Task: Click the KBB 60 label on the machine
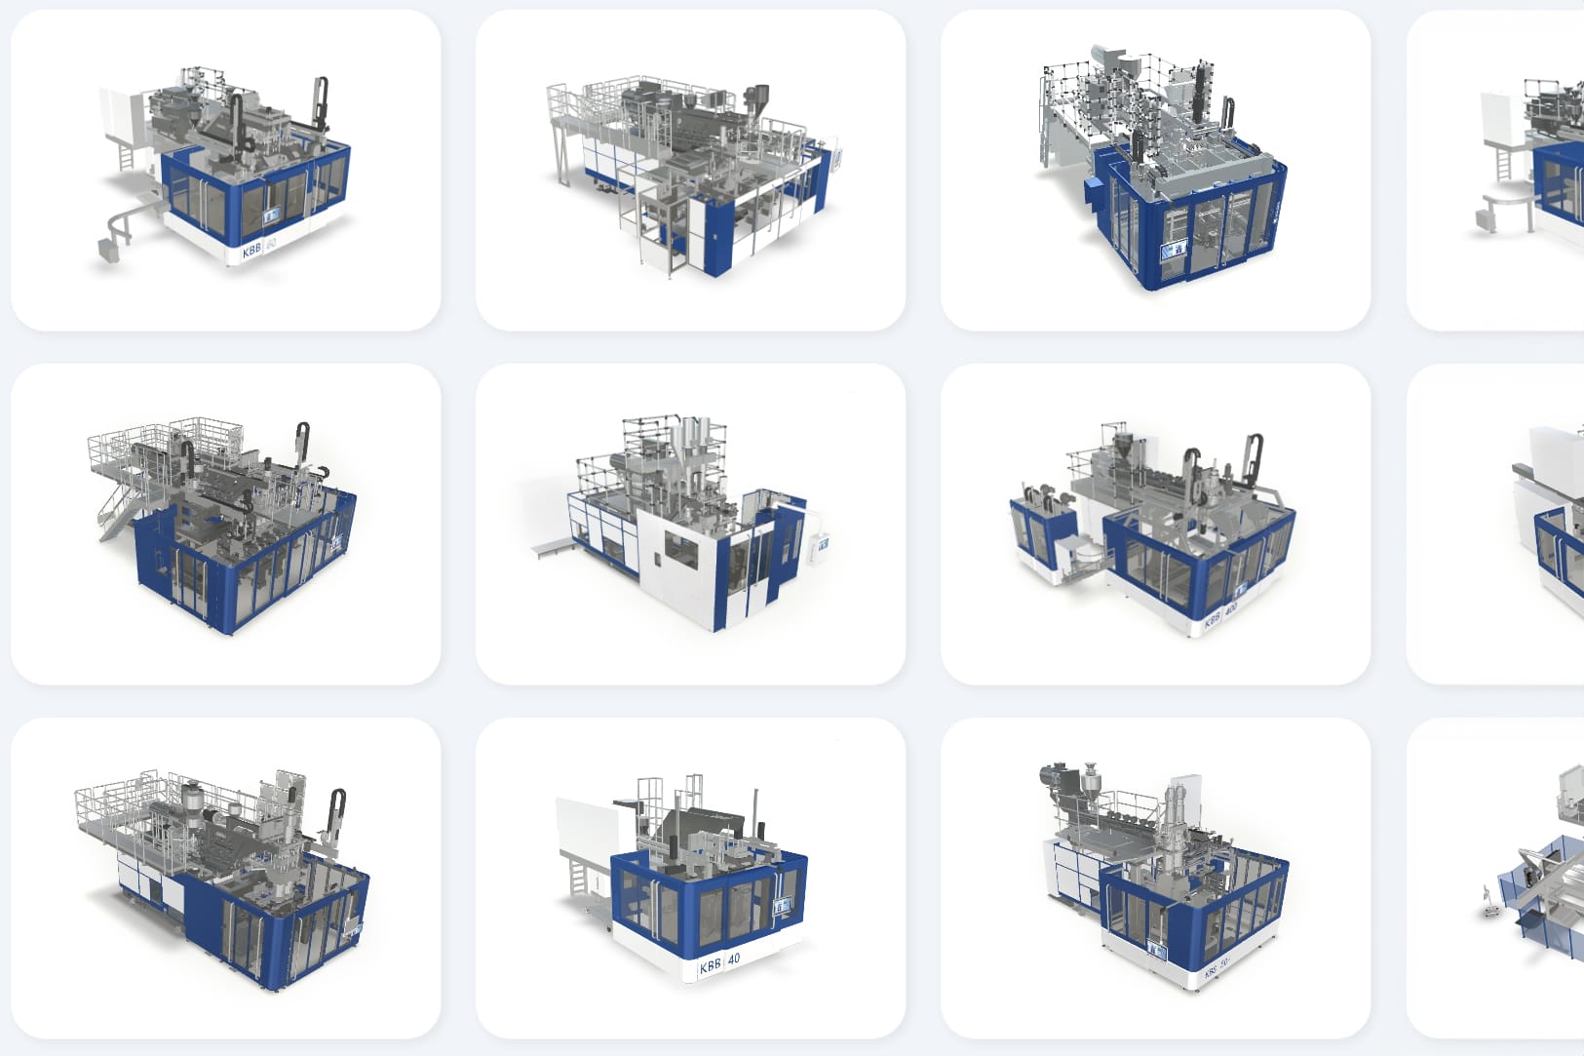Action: click(x=259, y=248)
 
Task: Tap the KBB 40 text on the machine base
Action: click(x=719, y=962)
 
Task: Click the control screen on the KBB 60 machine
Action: click(x=271, y=215)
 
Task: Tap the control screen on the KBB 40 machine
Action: click(x=781, y=909)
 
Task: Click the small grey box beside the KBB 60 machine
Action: click(x=107, y=249)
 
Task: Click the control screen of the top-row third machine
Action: click(x=1173, y=253)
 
